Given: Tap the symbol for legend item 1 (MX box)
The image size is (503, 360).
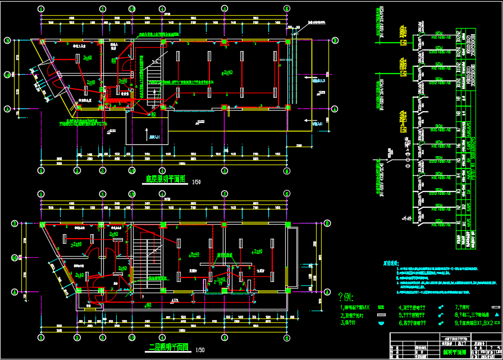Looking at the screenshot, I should tap(381, 308).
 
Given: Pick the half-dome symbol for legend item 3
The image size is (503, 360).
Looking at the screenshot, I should tap(381, 323).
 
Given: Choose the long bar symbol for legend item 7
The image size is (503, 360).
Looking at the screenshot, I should tap(495, 308).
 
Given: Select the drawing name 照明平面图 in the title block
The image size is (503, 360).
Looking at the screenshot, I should tap(453, 352).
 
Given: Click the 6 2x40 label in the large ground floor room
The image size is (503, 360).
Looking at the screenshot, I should tap(226, 72).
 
